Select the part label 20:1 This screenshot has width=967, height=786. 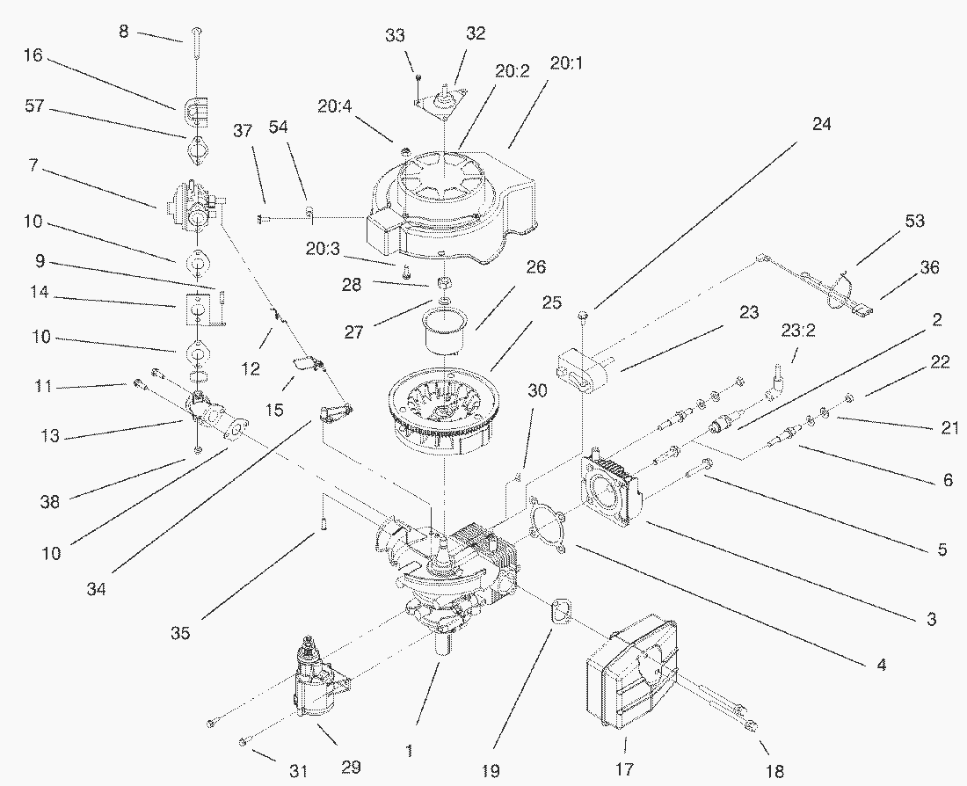tap(566, 64)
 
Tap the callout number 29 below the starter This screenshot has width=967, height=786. tap(350, 767)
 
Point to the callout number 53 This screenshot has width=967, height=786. tap(914, 221)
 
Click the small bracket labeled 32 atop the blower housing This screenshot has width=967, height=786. tap(436, 101)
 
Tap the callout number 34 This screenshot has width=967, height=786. tap(96, 588)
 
